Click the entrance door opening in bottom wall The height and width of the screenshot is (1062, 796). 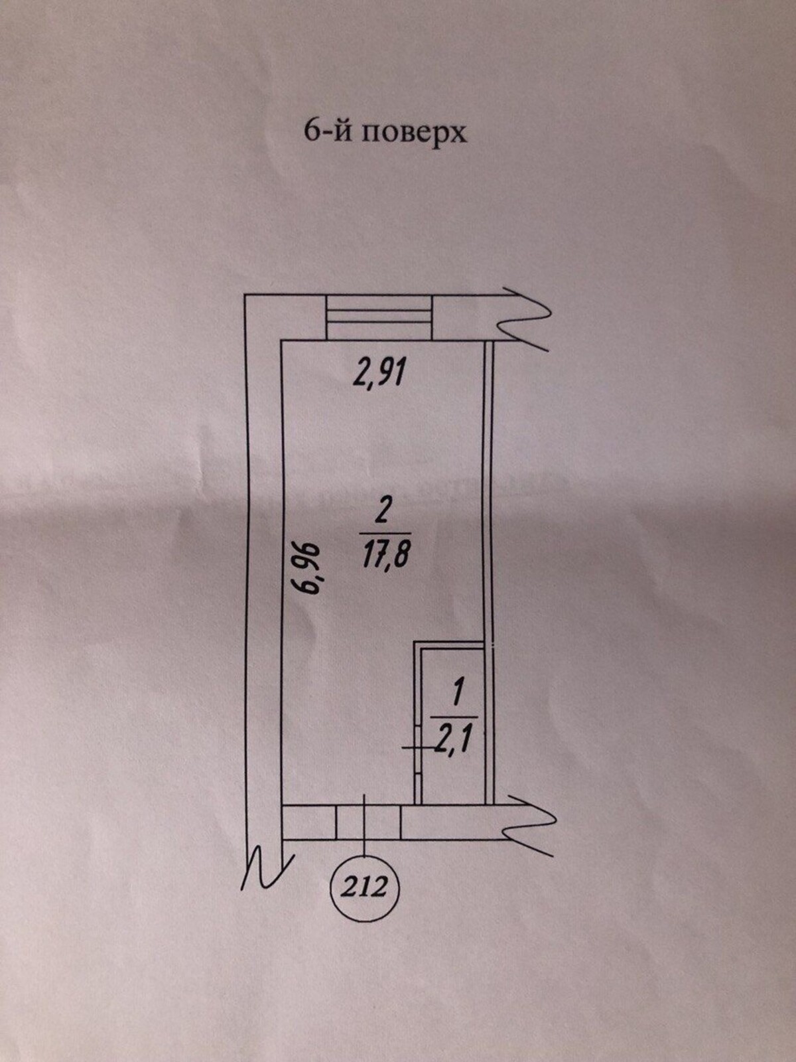coord(368,822)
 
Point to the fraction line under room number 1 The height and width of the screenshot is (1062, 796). coord(454,718)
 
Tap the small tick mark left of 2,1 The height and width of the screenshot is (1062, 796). coord(419,747)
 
